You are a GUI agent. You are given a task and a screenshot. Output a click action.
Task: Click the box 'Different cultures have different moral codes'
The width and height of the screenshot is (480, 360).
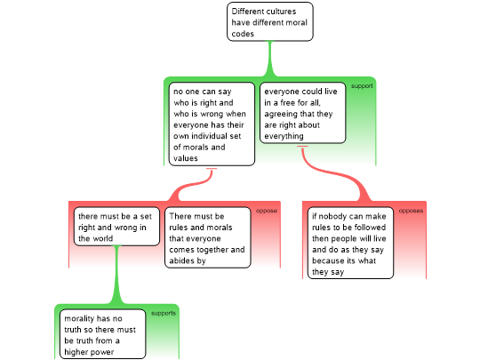click(270, 21)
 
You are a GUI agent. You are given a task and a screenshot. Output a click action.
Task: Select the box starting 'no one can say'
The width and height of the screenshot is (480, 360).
click(212, 124)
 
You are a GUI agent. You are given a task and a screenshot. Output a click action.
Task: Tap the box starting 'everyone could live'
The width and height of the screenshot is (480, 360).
click(303, 113)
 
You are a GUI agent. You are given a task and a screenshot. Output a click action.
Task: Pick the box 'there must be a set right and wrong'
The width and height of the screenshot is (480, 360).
click(116, 227)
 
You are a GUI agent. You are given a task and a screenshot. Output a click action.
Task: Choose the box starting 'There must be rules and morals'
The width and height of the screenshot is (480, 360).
click(208, 237)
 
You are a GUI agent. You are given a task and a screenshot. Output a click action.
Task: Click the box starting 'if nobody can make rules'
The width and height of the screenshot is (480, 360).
click(350, 243)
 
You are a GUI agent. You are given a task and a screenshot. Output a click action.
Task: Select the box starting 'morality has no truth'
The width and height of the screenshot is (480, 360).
click(102, 334)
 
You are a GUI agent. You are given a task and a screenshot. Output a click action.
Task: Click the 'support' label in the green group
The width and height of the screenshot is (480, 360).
click(362, 86)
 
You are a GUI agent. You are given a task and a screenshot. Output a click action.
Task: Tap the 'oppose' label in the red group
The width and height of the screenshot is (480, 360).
click(267, 211)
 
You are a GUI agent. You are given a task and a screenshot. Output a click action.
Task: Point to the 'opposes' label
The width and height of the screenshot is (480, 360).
click(411, 211)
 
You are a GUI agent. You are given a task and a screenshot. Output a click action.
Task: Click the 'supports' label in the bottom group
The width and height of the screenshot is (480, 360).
click(164, 313)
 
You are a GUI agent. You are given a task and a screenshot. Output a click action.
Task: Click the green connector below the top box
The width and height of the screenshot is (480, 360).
click(270, 59)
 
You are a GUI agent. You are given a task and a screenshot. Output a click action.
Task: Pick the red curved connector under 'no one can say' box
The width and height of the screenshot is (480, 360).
click(192, 184)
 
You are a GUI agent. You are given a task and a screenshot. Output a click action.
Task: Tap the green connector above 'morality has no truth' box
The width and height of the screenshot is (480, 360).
click(116, 275)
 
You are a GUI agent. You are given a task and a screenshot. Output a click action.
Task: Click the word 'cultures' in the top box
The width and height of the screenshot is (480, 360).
click(280, 12)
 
